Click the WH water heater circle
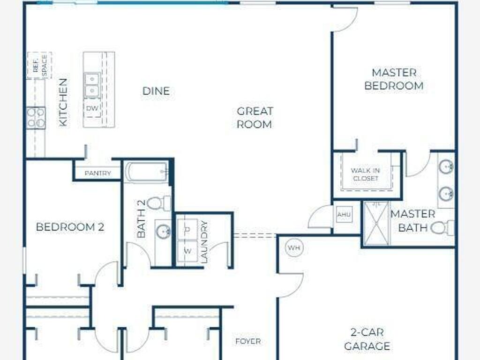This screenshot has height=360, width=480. tap(294, 247)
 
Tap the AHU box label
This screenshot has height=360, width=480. tap(344, 215)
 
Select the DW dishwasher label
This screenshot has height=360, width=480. tap(92, 108)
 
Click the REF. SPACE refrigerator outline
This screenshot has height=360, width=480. tap(39, 66)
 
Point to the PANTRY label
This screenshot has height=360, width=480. tap(97, 173)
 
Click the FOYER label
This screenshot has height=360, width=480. tap(248, 341)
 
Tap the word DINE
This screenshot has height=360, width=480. tap(156, 91)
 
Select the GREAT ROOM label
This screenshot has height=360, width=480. tap(255, 118)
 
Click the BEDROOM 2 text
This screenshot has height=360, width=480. tap(70, 227)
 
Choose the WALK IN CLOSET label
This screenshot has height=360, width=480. tap(365, 174)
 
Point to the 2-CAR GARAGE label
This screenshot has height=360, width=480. tap(367, 339)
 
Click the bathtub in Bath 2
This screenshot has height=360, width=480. tap(147, 172)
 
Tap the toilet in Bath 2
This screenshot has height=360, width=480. tap(159, 203)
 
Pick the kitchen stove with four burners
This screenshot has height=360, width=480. tap(36, 118)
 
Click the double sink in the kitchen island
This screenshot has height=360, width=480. tap(91, 85)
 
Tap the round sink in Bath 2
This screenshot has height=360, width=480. tap(163, 232)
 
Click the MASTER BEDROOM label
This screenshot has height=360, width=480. tap(394, 79)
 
